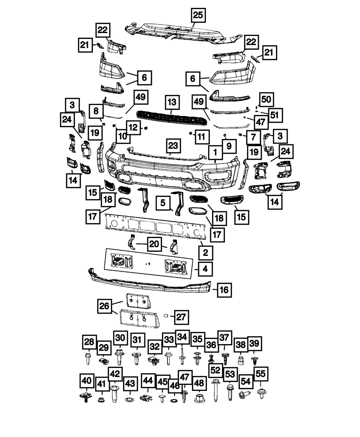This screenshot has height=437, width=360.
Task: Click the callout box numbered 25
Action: (198, 15)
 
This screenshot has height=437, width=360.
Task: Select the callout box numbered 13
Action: (172, 102)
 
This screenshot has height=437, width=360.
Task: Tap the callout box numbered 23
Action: (174, 146)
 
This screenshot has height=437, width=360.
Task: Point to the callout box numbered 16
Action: (224, 290)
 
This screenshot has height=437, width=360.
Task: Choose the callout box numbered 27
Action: (181, 317)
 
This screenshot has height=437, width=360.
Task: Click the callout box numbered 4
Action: (205, 269)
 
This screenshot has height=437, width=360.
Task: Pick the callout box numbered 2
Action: (206, 253)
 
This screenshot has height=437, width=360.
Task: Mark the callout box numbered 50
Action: (266, 99)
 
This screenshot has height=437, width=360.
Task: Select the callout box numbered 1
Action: (215, 153)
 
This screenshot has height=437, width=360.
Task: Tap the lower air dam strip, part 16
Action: (150, 280)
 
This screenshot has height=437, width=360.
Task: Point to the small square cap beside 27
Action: (166, 315)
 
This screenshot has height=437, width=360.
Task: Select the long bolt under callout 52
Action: (215, 391)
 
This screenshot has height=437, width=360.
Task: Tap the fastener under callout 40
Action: (86, 396)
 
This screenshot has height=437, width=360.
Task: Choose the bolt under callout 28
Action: (88, 359)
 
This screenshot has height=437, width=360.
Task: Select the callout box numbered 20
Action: (154, 244)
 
